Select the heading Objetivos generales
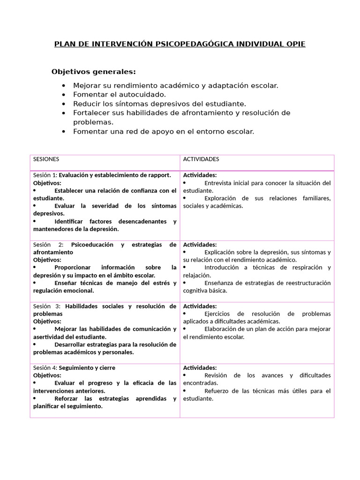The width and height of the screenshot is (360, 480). [93, 72]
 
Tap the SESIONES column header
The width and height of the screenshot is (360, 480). [46, 159]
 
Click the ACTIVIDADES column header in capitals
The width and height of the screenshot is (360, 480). [201, 159]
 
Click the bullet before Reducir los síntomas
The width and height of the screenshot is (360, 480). [64, 104]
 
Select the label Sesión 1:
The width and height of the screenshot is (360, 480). [45, 175]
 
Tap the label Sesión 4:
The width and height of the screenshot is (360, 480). [45, 368]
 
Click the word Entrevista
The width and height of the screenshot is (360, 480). [218, 183]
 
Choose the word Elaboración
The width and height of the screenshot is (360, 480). [222, 329]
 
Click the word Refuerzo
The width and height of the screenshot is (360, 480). [217, 391]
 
